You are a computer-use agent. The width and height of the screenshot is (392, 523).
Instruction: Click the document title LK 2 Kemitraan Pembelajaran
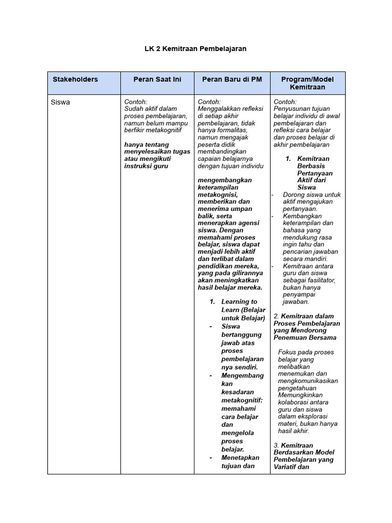[x=195, y=49]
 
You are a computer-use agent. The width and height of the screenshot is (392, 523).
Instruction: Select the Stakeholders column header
[x=75, y=79]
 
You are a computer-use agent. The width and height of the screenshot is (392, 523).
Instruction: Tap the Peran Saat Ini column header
[x=157, y=79]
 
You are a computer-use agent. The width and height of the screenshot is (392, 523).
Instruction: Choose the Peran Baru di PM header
[x=232, y=79]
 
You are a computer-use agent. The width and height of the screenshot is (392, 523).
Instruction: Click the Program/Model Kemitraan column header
[x=307, y=83]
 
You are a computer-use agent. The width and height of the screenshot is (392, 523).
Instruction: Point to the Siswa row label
[x=61, y=102]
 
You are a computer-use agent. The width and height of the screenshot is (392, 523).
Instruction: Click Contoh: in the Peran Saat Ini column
[x=136, y=102]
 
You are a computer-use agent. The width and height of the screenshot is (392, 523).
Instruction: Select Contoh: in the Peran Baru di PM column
[x=209, y=102]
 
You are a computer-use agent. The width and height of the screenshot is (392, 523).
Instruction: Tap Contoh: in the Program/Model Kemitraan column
[x=285, y=102]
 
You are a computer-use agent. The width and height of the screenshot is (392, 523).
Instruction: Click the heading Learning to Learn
[x=239, y=302]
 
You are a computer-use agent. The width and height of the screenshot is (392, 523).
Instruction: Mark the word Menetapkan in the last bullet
[x=240, y=458]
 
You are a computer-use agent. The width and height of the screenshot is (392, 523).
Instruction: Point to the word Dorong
[x=293, y=195]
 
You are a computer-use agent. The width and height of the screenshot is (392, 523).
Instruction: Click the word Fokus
[x=287, y=352]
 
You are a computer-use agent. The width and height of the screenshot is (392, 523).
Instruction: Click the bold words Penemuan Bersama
[x=305, y=338]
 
